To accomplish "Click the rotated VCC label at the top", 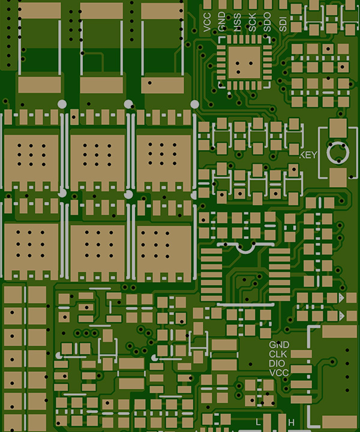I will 208,22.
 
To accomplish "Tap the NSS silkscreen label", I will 238,22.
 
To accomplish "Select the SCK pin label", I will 253,22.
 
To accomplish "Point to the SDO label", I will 268,22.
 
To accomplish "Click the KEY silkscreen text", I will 308,155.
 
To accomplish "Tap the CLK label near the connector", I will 278,354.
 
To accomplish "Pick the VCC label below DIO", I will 279,373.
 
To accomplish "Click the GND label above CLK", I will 279,345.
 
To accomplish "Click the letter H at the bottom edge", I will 291,423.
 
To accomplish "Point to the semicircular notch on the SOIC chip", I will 245,248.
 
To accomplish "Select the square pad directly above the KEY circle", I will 338,127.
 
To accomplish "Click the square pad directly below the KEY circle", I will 338,176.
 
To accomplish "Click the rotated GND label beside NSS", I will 223,22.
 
